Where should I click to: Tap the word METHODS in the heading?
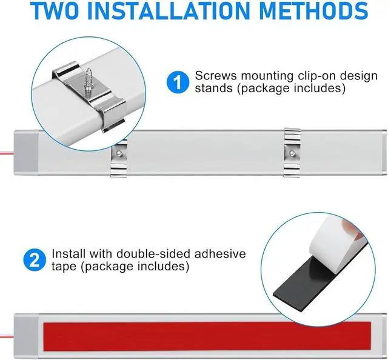coord(314,10)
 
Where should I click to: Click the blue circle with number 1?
coord(178,82)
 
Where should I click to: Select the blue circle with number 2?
coord(35,260)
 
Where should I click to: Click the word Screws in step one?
coord(216,76)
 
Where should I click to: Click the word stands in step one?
coord(213,88)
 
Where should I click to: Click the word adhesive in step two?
coord(220,254)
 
